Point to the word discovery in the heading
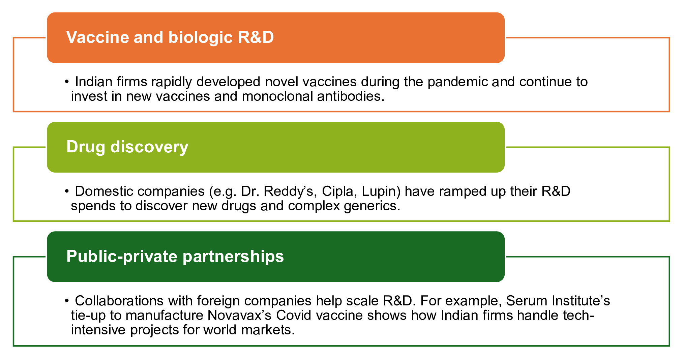[149, 147]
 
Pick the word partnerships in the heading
[233, 256]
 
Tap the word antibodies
[351, 96]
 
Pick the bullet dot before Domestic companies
[67, 191]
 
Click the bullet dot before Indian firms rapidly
[67, 82]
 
